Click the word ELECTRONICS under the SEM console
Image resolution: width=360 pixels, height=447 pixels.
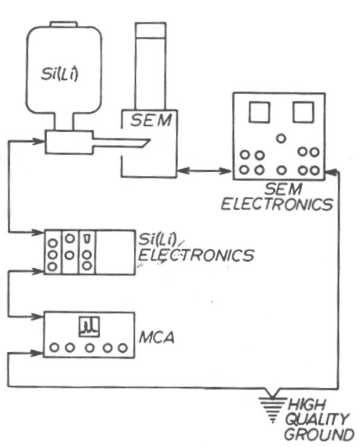[277, 204]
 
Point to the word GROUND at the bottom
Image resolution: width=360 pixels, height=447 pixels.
[319, 434]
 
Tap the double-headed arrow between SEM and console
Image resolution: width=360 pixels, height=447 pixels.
[205, 172]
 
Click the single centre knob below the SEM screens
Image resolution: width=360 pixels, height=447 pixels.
[280, 138]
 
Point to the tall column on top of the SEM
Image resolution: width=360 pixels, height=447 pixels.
[150, 66]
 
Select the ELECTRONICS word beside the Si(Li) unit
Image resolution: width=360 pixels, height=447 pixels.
[197, 256]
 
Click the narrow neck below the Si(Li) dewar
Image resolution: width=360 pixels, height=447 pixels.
[63, 123]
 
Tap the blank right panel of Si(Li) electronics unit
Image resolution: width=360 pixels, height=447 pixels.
[115, 252]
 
